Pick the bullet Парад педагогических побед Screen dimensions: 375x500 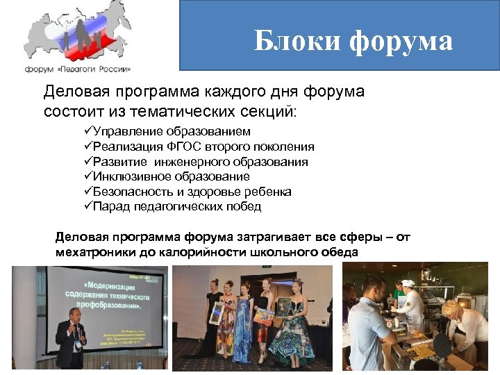click(x=177, y=206)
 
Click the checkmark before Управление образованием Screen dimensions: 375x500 click(x=87, y=131)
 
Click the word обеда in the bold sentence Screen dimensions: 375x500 click(x=340, y=251)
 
